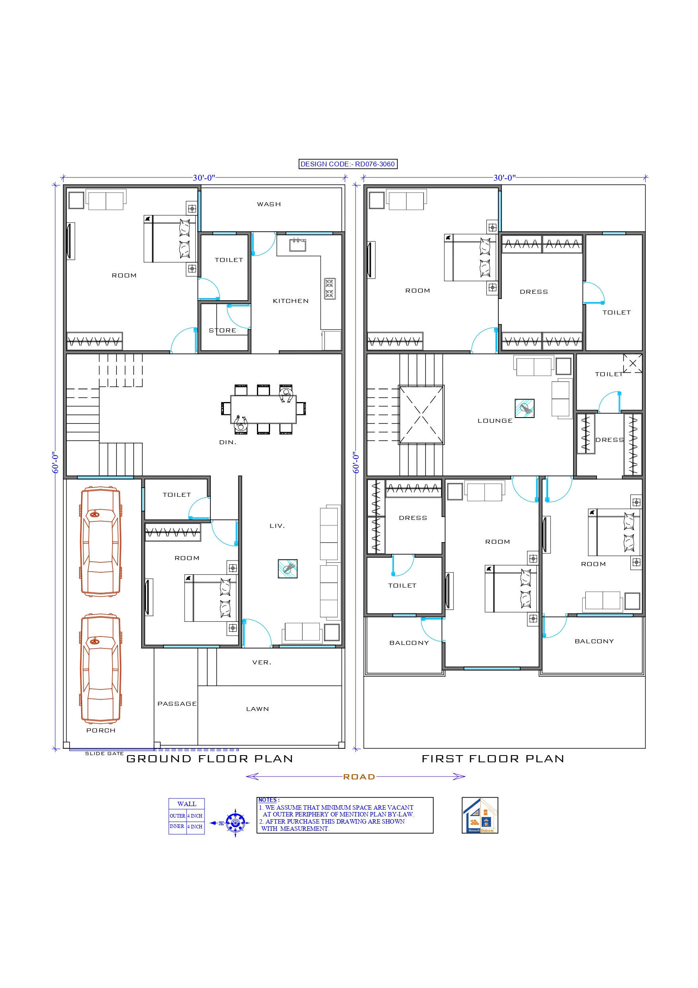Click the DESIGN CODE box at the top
click(x=348, y=164)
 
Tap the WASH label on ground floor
click(x=269, y=204)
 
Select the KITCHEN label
click(x=290, y=301)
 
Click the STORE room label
click(x=222, y=330)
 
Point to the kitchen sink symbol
click(x=297, y=245)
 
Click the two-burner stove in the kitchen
click(x=329, y=288)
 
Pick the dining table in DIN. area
click(x=263, y=409)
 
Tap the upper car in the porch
click(x=101, y=541)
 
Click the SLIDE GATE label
click(x=104, y=754)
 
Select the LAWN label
click(x=257, y=709)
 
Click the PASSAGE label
click(x=177, y=703)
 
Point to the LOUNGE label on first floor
click(x=495, y=421)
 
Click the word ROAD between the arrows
click(x=359, y=777)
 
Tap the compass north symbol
click(x=235, y=823)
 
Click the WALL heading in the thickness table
click(x=187, y=804)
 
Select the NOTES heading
click(x=268, y=800)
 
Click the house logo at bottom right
click(x=480, y=816)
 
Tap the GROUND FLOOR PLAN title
click(x=210, y=759)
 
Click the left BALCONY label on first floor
click(x=408, y=643)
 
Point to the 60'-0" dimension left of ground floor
click(x=55, y=463)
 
